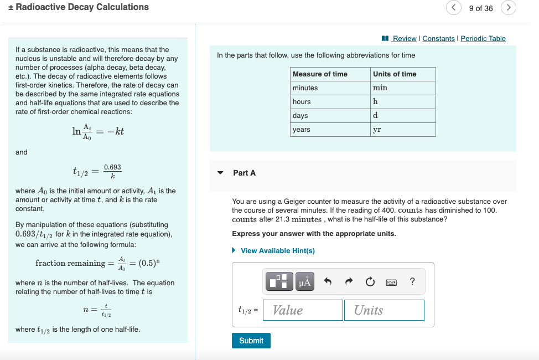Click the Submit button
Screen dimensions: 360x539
251,341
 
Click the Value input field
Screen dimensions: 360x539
303,310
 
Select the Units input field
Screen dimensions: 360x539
383,310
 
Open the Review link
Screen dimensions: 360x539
403,38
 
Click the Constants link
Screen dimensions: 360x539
438,38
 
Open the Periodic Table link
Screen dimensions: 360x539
483,38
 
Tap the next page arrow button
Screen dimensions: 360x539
509,8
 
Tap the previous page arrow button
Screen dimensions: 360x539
454,8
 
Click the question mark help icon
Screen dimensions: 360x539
412,282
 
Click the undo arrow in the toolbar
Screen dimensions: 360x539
328,282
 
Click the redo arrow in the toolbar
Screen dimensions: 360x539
349,282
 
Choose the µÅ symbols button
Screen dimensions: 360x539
305,282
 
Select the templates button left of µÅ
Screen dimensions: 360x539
280,282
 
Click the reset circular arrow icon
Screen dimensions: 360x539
369,282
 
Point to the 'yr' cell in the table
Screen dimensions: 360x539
403,130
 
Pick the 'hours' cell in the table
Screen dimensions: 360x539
330,102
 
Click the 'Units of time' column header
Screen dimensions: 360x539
403,74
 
